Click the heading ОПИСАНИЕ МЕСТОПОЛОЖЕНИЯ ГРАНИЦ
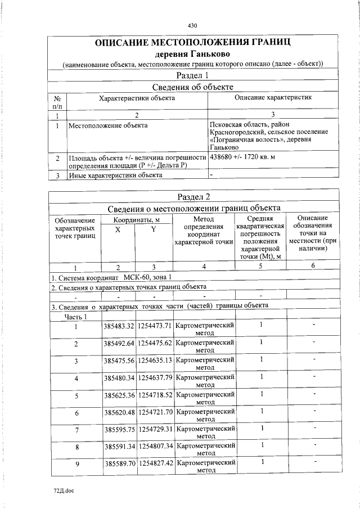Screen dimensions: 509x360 click(192, 43)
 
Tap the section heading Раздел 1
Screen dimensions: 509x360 click(192, 75)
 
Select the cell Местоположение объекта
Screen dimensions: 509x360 click(108, 125)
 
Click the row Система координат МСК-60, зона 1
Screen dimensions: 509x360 click(112, 277)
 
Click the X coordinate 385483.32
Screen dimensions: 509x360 click(119, 326)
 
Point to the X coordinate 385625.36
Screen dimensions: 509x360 click(119, 395)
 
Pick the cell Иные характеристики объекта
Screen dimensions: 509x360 click(115, 175)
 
